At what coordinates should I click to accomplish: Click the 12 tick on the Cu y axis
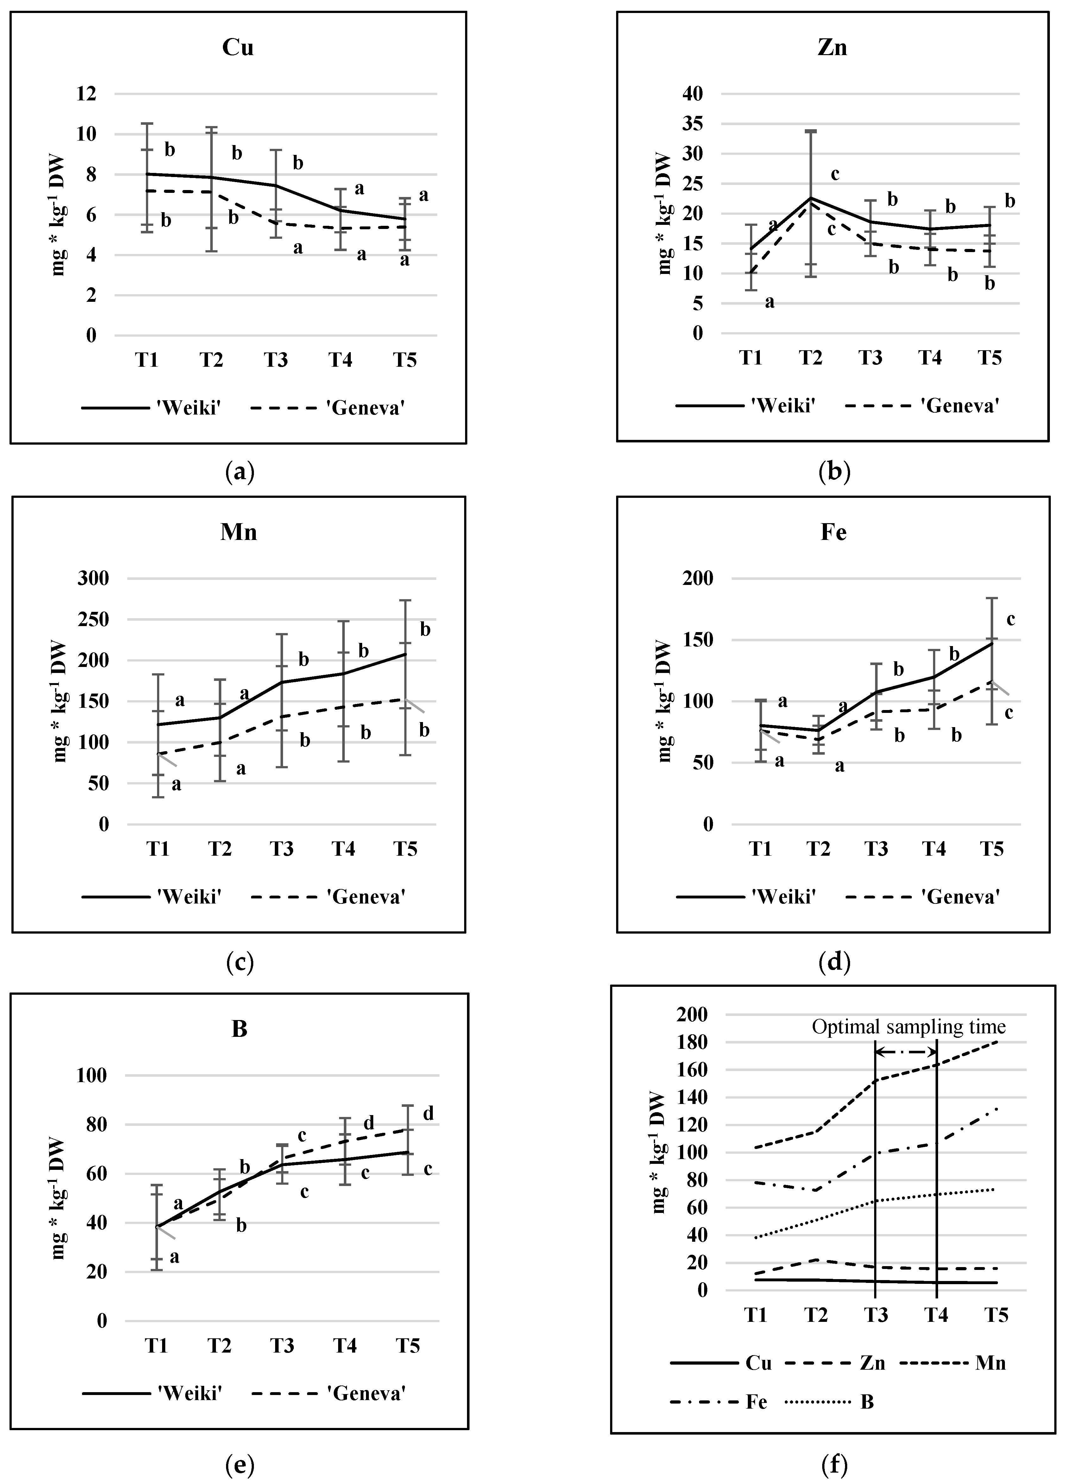pyautogui.click(x=86, y=93)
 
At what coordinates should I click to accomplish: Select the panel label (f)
pyautogui.click(x=833, y=1460)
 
